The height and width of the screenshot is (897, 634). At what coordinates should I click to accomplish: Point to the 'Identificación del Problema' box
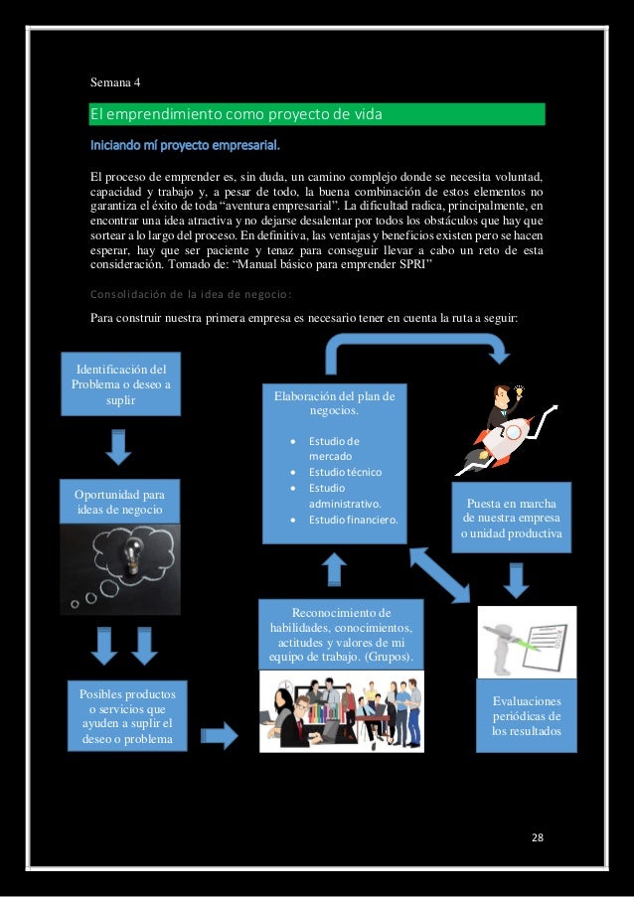120,384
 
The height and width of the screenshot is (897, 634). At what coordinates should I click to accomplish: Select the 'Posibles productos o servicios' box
127,714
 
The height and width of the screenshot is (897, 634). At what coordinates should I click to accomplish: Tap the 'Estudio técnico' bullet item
344,472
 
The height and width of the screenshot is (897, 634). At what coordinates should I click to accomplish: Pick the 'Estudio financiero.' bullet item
353,520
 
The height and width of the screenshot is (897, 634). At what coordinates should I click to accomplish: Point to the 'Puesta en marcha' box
510,517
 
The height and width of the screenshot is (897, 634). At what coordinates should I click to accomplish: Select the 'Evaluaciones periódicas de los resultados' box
526,716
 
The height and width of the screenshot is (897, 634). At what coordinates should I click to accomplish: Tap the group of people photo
341,711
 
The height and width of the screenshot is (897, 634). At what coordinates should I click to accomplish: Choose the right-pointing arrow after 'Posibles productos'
220,736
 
